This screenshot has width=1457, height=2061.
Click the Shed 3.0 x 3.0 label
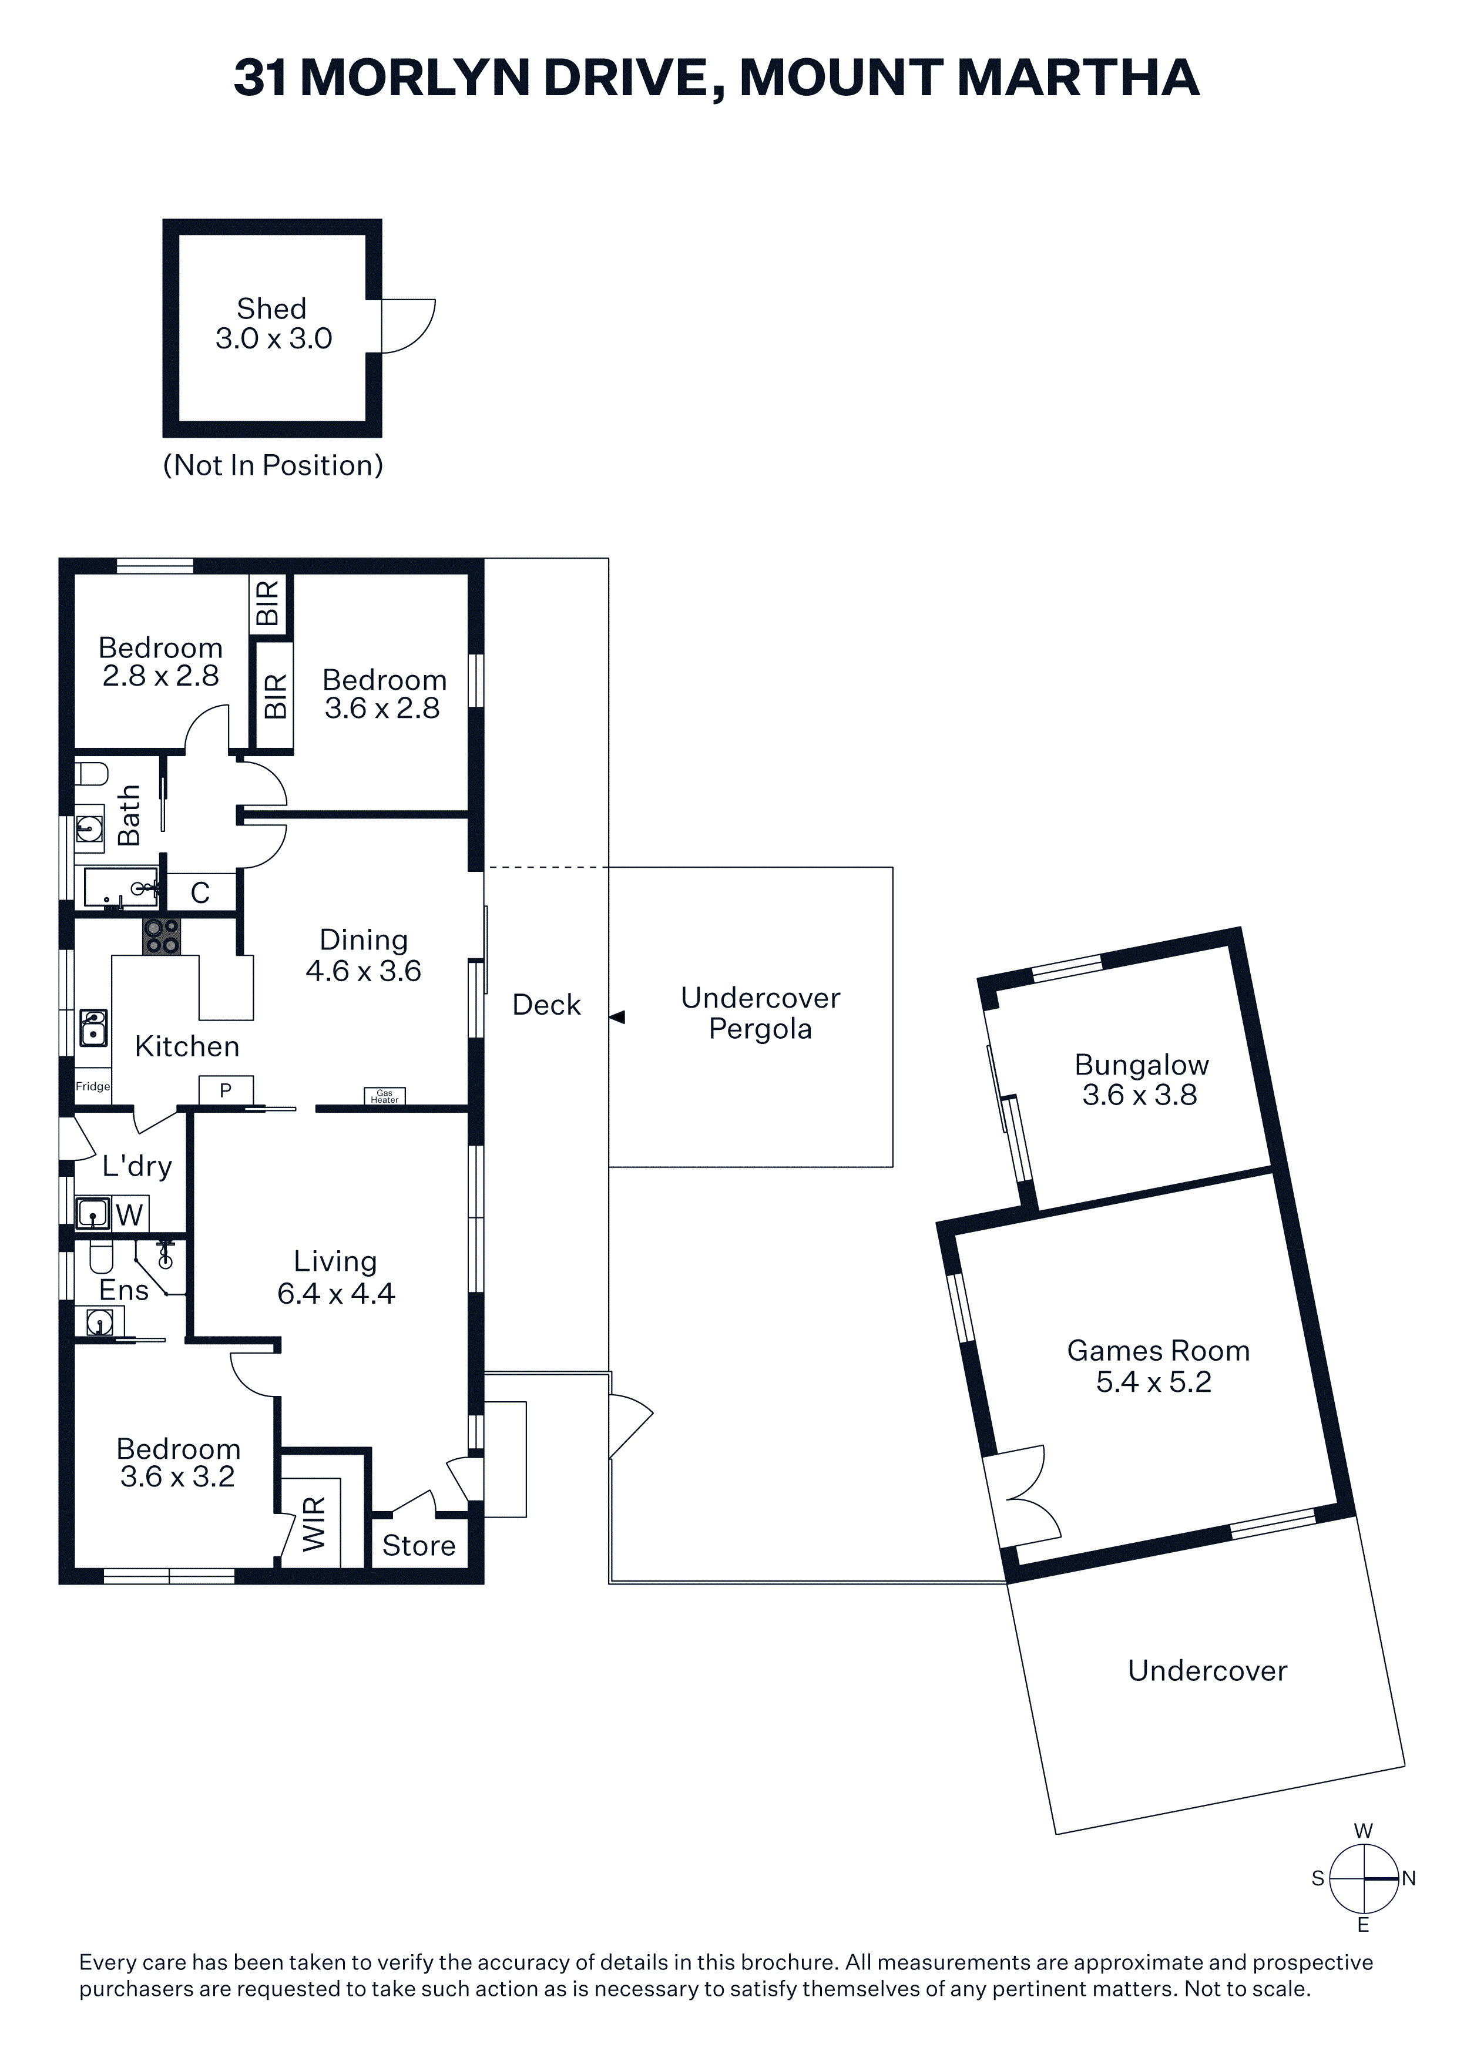click(x=273, y=323)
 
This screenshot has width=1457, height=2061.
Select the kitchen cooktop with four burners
click(x=162, y=936)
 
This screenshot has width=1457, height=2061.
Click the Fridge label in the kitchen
click(x=92, y=1086)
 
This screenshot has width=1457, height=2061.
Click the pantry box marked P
click(x=226, y=1090)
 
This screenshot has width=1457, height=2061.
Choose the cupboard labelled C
click(x=201, y=892)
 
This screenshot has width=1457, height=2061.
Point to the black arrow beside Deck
click(x=617, y=1017)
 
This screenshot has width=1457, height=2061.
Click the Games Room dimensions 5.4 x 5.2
click(x=1154, y=1381)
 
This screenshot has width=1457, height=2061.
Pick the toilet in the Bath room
click(x=90, y=774)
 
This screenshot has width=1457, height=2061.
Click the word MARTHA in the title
click(x=1077, y=78)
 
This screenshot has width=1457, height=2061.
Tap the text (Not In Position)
click(x=273, y=465)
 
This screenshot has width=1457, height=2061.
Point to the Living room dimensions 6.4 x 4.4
click(x=335, y=1294)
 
